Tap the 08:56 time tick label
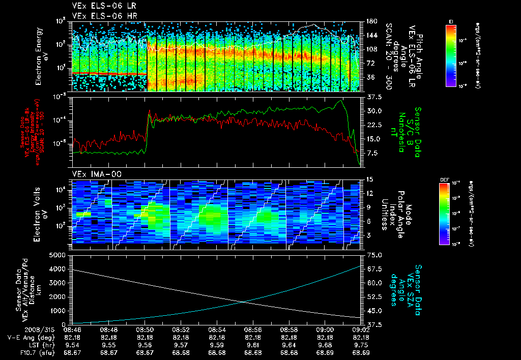(253, 329)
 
